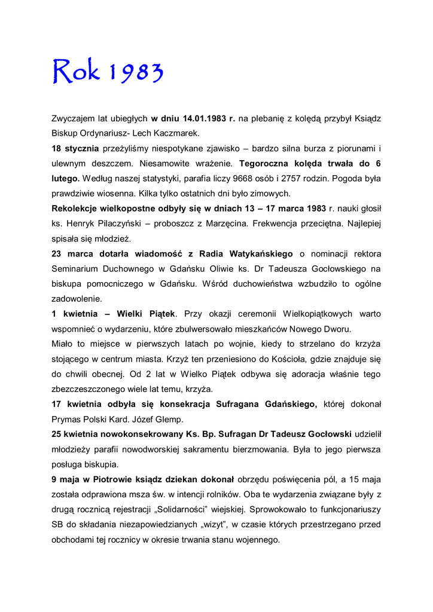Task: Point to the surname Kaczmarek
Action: click(178, 133)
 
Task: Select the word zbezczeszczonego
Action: click(90, 389)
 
